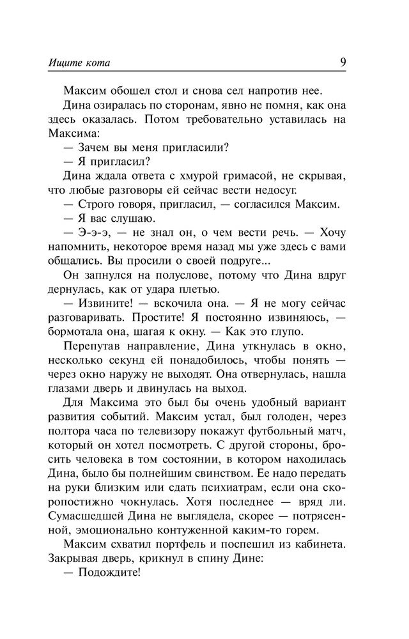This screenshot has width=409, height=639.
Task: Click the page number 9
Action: (343, 62)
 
